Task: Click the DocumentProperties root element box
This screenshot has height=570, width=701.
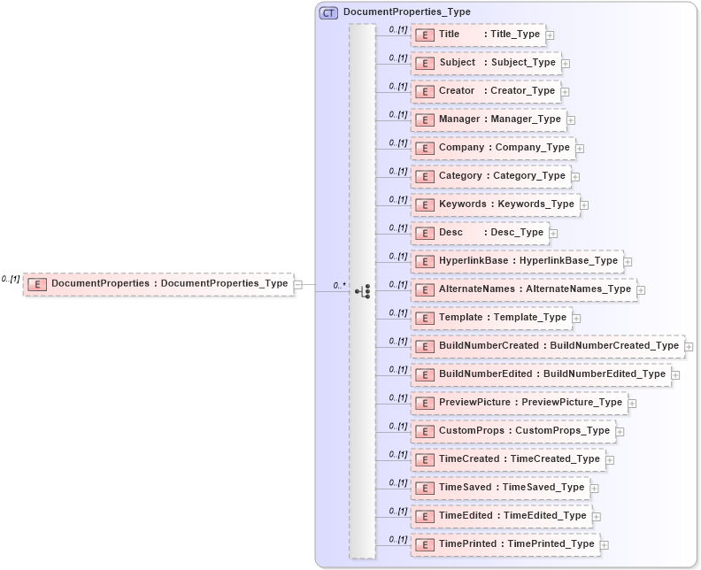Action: click(158, 284)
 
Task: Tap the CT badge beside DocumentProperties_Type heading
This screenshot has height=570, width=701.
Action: click(328, 12)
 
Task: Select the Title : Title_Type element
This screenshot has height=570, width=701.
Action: click(478, 35)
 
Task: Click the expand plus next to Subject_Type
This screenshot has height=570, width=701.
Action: click(566, 64)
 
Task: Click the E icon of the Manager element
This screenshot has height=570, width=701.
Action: click(424, 119)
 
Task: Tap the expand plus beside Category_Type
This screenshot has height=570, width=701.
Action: click(575, 177)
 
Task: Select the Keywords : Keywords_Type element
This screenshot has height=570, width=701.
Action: click(495, 204)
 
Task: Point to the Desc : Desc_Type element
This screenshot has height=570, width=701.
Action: click(480, 233)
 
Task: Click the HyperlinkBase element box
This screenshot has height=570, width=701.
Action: click(517, 261)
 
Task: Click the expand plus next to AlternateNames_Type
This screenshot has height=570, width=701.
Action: click(641, 290)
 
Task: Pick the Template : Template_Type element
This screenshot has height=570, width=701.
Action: click(491, 318)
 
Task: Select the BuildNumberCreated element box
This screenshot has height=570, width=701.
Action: click(547, 346)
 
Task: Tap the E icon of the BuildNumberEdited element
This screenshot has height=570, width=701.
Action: click(424, 374)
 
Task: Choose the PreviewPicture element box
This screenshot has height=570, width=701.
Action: click(519, 403)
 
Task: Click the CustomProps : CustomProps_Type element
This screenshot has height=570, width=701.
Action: click(513, 431)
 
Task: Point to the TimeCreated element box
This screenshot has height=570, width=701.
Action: click(508, 459)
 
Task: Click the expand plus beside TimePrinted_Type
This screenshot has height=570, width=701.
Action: click(604, 545)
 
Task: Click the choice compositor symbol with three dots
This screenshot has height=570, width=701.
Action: click(361, 289)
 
